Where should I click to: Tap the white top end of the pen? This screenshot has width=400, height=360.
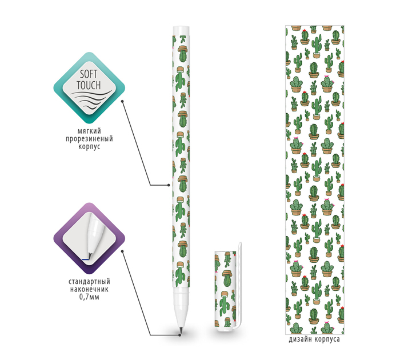click(181, 30)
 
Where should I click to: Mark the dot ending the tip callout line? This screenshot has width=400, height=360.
click(123, 250)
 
